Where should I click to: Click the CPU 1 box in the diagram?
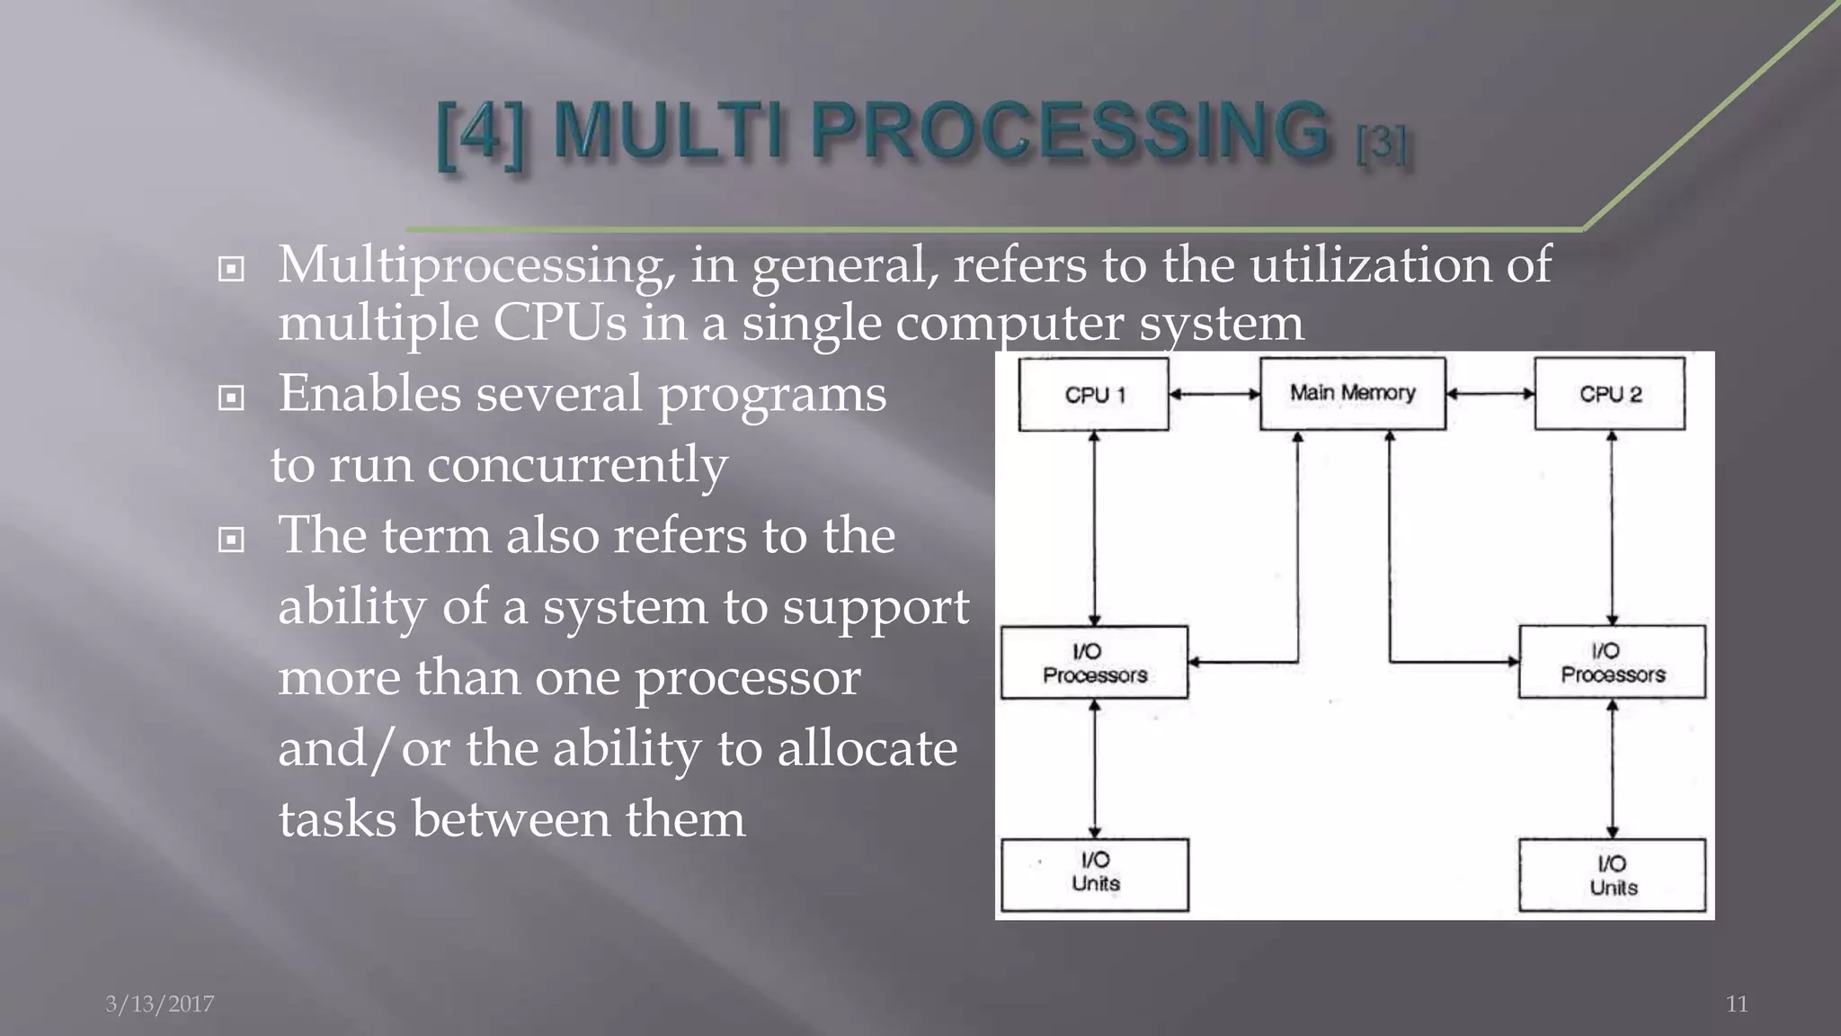pos(1093,394)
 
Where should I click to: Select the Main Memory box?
pos(1352,393)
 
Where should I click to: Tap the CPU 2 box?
pos(1609,394)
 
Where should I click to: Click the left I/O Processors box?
pos(1094,663)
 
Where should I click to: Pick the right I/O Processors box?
pos(1612,662)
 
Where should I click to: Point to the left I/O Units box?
pos(1094,874)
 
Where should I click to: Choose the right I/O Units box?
pos(1612,875)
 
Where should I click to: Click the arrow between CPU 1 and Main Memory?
pos(1214,394)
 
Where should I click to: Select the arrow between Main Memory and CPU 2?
pos(1490,394)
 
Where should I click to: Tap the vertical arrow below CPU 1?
pos(1094,528)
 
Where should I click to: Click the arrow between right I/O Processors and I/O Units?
pos(1612,769)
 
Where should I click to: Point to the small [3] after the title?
pos(1382,144)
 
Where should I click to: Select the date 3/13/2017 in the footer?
pos(160,1004)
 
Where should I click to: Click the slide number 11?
pos(1737,1004)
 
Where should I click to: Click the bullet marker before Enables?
pos(231,397)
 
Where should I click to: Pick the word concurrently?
pos(576,466)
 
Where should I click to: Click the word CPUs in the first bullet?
pos(558,324)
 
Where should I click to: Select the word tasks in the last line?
pos(337,819)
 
